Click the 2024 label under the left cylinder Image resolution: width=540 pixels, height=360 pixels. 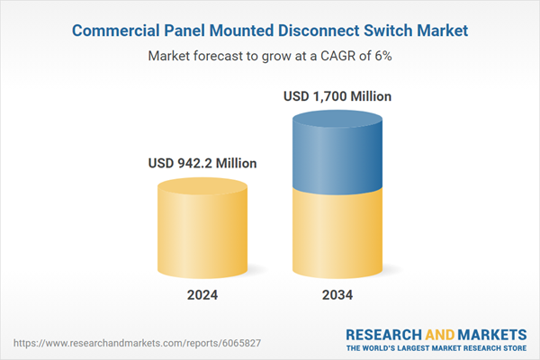coord(202,294)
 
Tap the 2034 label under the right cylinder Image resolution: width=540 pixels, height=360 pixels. coord(337,294)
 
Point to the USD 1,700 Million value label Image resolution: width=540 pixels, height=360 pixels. coord(337,95)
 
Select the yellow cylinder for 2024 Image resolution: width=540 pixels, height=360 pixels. coord(202,229)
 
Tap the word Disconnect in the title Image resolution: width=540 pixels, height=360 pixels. coord(322,31)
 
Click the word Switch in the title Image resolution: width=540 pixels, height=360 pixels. coord(397,31)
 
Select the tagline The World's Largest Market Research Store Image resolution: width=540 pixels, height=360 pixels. coord(436,348)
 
